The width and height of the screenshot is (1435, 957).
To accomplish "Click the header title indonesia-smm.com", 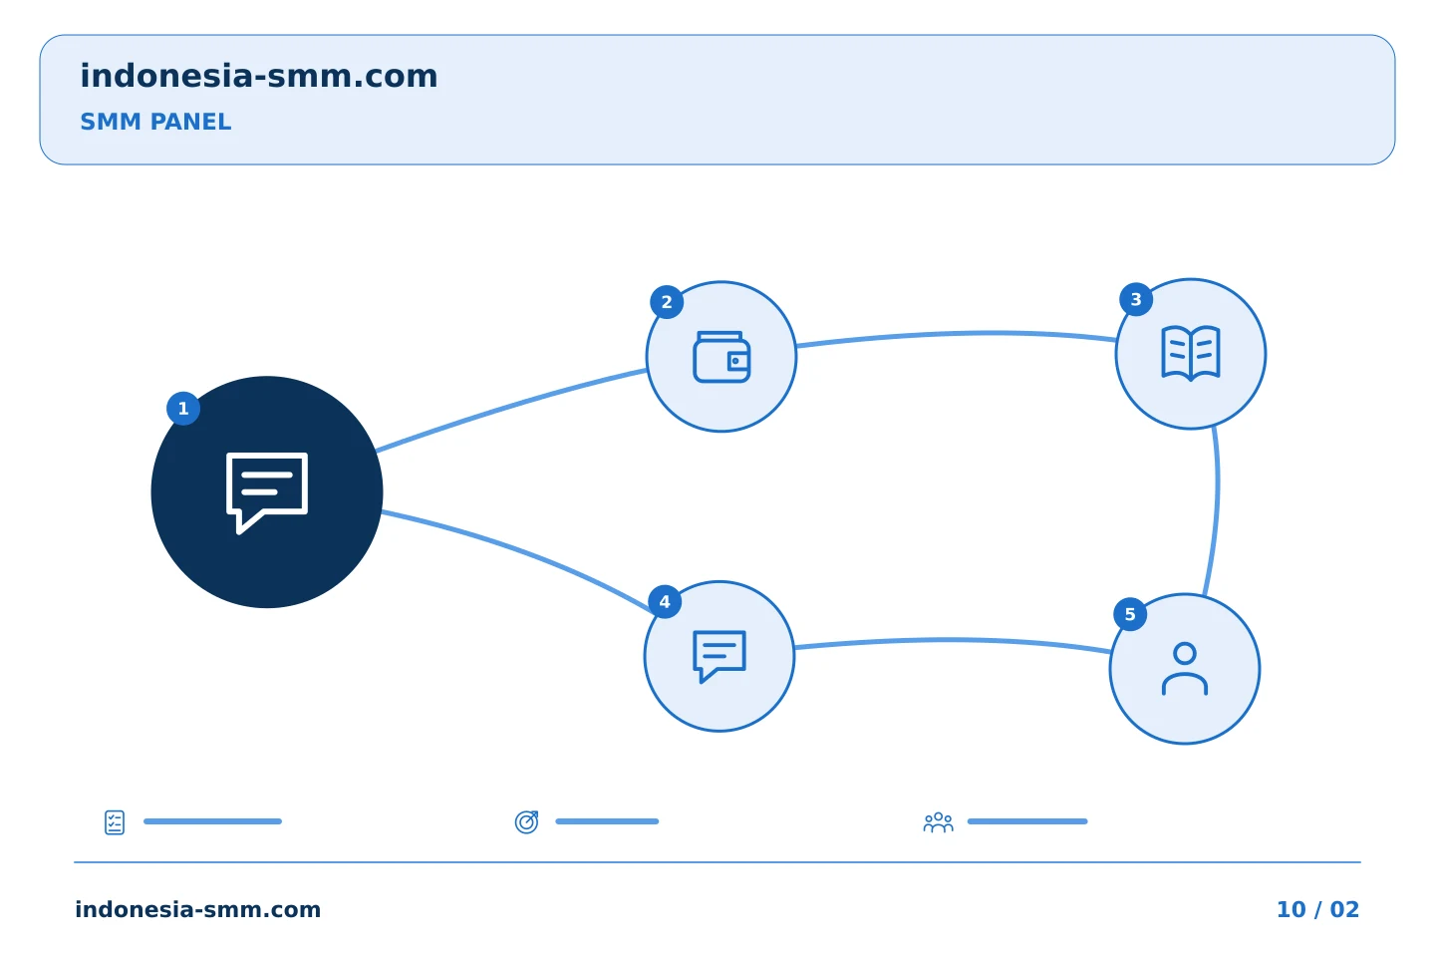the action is click(x=259, y=76).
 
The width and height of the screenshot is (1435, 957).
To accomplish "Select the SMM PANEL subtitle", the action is click(x=155, y=122).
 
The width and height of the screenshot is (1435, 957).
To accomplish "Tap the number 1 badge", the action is click(x=183, y=409).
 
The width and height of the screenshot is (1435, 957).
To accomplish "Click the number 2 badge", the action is click(x=667, y=302).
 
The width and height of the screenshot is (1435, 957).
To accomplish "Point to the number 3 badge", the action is click(x=1136, y=299).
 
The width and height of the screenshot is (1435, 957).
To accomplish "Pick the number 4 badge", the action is click(x=665, y=602).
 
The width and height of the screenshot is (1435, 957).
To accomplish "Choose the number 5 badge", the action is click(x=1130, y=614).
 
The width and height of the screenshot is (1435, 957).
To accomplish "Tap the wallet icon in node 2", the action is click(x=721, y=357).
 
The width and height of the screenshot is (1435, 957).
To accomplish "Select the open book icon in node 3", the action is click(x=1191, y=353).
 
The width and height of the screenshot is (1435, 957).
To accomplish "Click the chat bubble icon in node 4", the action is click(x=719, y=656).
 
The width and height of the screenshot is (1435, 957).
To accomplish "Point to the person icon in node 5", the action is click(x=1185, y=669).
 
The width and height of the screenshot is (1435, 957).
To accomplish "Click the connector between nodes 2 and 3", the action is click(x=957, y=334).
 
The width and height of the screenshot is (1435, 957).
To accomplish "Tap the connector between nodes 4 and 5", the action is click(x=953, y=640).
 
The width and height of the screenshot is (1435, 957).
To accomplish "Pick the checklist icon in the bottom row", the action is click(x=115, y=822).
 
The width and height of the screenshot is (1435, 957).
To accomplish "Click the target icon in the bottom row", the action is click(x=526, y=821).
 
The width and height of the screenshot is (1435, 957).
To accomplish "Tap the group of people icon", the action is click(x=939, y=821).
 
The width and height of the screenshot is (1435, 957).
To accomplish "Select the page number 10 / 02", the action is click(x=1317, y=909).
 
